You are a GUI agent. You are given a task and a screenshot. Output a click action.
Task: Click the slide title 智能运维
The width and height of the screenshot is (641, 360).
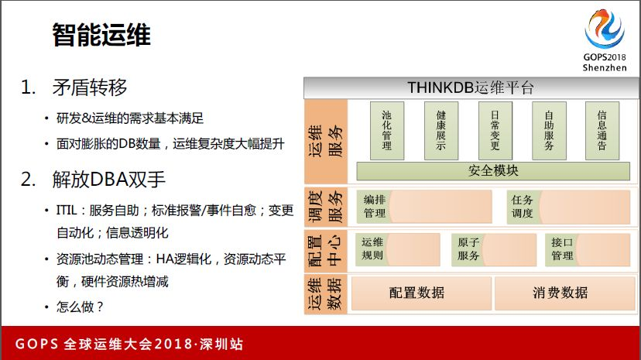click(101, 35)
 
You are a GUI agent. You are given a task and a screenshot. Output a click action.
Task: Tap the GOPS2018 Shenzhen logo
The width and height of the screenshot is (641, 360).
click(605, 40)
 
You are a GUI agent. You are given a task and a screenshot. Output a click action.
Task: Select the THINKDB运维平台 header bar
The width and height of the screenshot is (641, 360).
click(471, 87)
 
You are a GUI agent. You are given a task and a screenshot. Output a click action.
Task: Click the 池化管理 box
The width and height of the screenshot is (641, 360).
click(387, 130)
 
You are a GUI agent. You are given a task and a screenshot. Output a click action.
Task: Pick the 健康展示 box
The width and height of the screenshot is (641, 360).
click(440, 130)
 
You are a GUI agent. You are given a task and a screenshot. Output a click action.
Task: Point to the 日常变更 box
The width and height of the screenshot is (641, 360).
click(495, 130)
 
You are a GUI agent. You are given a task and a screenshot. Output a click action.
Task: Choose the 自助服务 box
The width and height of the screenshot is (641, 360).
click(549, 130)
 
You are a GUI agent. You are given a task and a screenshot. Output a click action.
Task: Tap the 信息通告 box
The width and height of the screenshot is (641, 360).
click(602, 130)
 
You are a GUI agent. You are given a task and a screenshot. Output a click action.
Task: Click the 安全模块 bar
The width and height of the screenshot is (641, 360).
click(493, 171)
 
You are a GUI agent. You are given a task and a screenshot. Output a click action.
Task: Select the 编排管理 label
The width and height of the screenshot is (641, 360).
click(375, 207)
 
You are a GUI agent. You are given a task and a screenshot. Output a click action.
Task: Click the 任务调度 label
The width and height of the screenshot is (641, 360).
click(522, 207)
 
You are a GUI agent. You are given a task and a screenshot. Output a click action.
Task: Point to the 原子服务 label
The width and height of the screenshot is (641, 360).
click(468, 249)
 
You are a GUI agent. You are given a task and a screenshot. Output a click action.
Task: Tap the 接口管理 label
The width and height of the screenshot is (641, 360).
click(562, 249)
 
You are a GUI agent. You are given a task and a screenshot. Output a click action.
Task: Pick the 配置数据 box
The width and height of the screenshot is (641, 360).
click(421, 293)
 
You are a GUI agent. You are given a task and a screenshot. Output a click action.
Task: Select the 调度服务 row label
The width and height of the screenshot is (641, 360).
click(326, 207)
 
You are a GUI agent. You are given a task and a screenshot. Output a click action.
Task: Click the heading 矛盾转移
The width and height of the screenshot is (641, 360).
click(90, 87)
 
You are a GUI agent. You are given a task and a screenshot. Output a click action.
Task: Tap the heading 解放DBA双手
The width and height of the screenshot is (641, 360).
click(108, 180)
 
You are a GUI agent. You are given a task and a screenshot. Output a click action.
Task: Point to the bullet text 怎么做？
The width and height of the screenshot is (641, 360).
click(80, 307)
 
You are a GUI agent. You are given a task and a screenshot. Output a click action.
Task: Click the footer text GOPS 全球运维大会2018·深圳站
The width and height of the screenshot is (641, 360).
click(129, 344)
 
